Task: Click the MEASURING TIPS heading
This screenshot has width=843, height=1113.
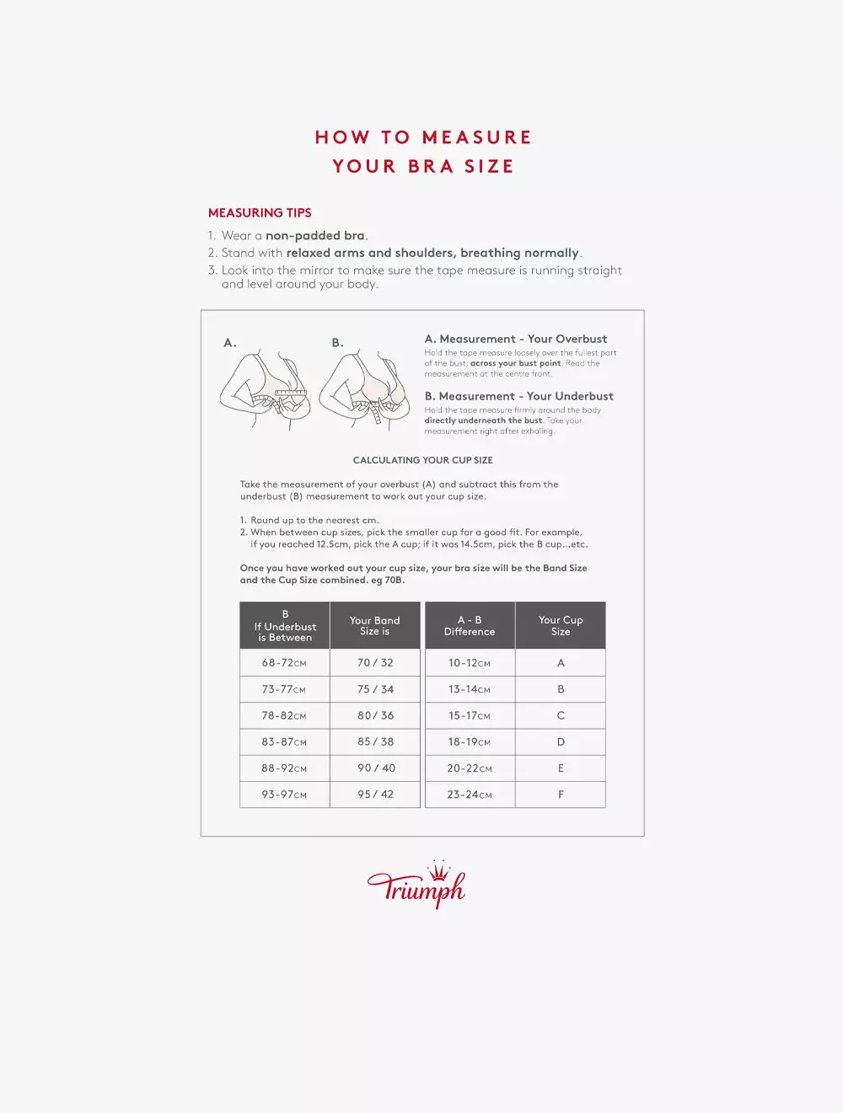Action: (260, 213)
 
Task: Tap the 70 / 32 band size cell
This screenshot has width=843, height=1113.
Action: (375, 663)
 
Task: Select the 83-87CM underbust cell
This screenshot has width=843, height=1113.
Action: (284, 742)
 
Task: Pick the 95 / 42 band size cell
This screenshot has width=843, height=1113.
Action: (375, 795)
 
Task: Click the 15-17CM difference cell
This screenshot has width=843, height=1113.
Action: (470, 716)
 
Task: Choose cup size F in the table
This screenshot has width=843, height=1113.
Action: (561, 795)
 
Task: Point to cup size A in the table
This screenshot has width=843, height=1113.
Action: (561, 663)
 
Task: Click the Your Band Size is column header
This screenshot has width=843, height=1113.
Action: (375, 625)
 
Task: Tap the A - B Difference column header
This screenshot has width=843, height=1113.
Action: (470, 625)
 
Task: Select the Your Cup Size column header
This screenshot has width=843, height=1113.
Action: (561, 625)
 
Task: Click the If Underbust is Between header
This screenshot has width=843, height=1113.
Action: (285, 626)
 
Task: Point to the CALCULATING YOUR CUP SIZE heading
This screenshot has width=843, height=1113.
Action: (422, 460)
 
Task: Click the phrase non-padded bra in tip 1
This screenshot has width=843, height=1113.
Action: (315, 236)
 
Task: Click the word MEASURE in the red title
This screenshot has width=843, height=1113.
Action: (476, 137)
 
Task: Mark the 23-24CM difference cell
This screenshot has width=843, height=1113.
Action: (470, 795)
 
